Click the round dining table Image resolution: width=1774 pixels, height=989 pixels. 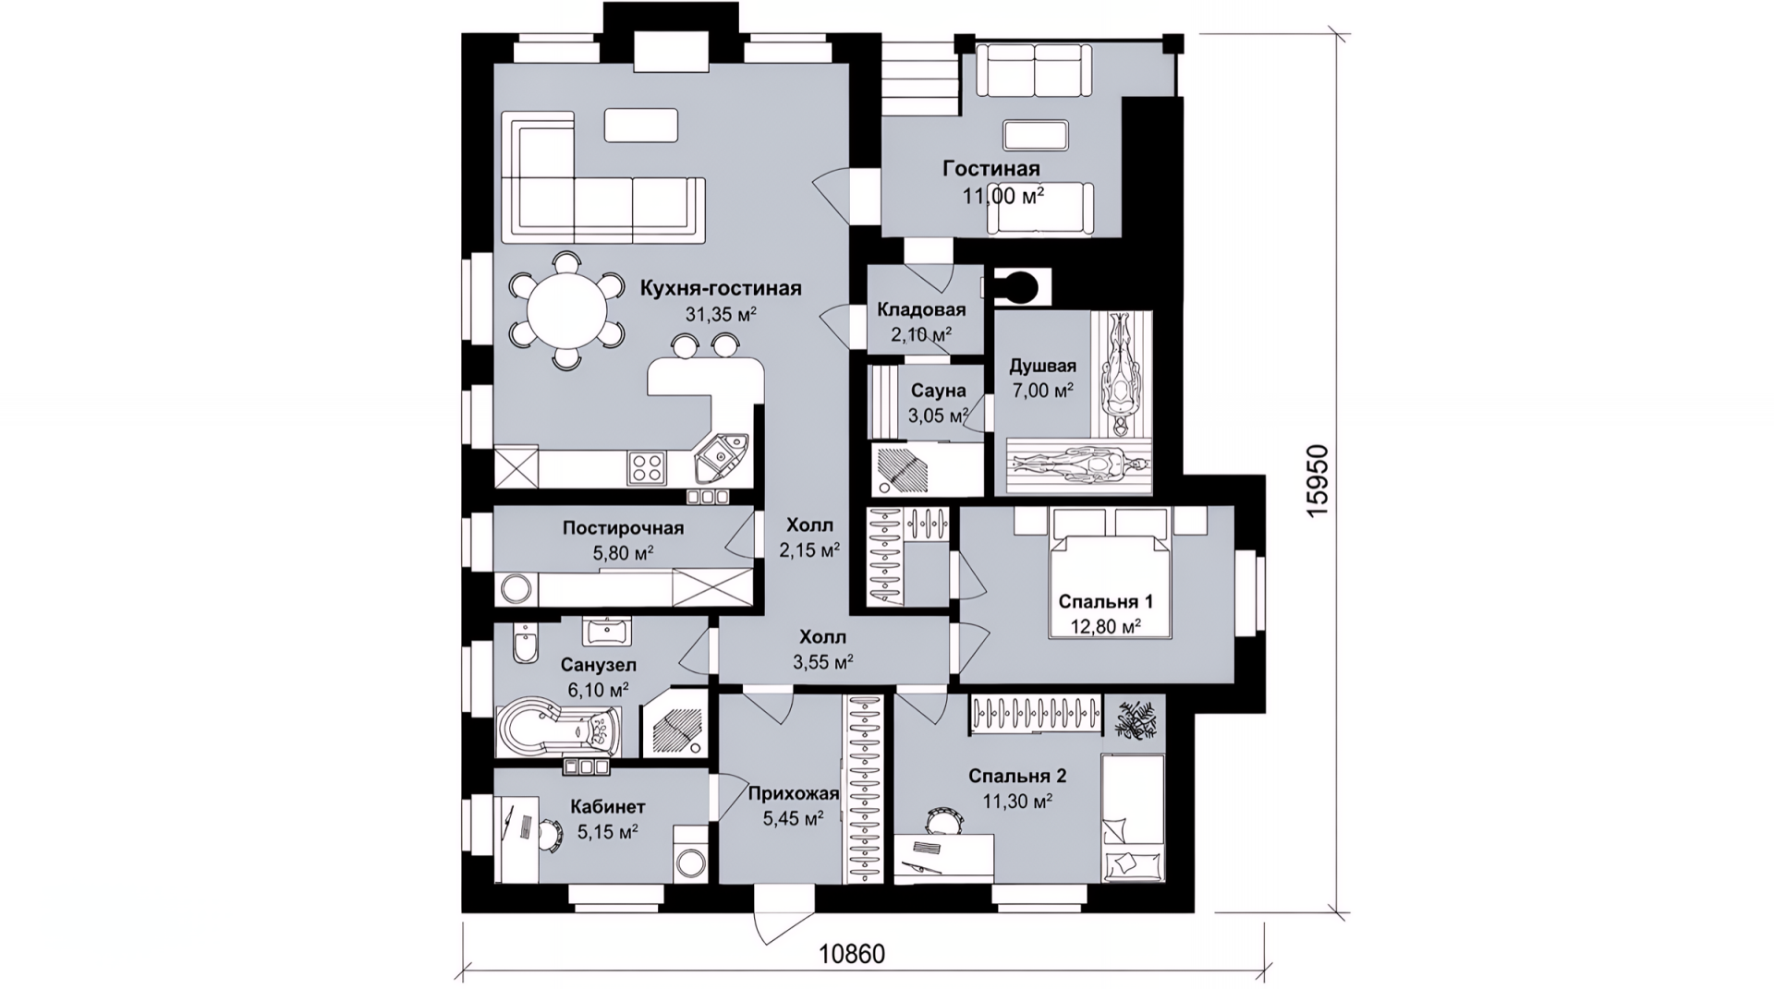(567, 311)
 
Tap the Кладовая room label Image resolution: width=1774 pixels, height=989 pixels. (921, 309)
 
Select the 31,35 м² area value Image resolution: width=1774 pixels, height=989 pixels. (721, 314)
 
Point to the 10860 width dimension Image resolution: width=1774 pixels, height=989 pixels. (851, 954)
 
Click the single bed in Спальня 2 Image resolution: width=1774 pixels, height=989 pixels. (1133, 817)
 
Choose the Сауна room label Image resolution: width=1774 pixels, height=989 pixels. (938, 392)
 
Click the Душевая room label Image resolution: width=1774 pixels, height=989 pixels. (1042, 366)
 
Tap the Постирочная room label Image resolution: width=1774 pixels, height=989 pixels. (623, 528)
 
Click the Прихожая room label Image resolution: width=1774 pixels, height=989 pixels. (793, 793)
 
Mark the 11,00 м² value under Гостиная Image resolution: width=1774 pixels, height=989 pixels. (1003, 196)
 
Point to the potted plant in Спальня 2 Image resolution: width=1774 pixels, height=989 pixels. (1135, 719)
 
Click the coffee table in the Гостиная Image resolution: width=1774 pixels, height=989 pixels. (1038, 136)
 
